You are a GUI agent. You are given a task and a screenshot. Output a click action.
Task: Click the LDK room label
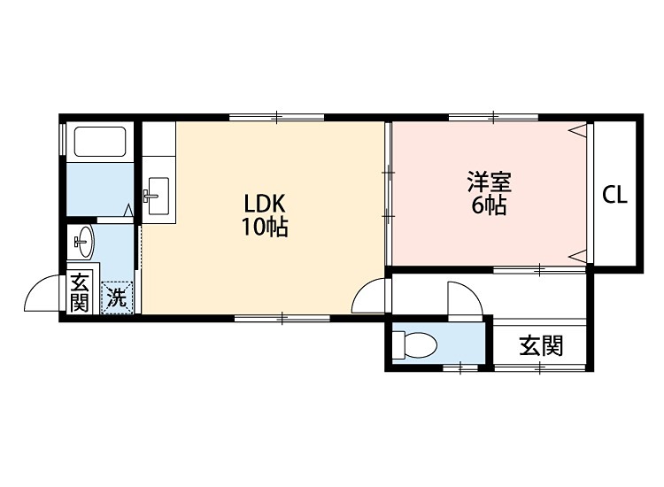[x=265, y=202]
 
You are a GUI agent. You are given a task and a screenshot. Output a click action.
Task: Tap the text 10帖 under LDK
[x=265, y=227]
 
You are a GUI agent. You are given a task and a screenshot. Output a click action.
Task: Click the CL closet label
[x=614, y=196]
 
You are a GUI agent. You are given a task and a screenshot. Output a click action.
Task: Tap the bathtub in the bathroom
[x=100, y=142]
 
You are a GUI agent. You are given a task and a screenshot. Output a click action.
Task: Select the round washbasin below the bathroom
[x=84, y=239]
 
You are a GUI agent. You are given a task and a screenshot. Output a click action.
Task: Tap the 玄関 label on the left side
[x=80, y=293]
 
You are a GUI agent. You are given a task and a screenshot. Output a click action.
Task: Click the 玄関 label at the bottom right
[x=540, y=345]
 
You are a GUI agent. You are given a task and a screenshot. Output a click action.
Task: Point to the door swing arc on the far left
[x=42, y=296]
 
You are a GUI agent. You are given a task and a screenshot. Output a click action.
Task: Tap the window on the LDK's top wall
[x=276, y=116]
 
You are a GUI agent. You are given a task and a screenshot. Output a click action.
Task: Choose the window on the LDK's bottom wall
[x=282, y=316]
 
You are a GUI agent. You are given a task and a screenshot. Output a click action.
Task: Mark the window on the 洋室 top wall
[x=493, y=116]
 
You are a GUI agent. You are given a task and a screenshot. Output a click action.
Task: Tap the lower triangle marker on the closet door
[x=578, y=255]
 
